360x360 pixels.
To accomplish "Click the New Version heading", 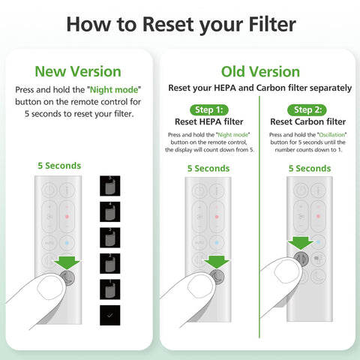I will pyautogui.click(x=78, y=71).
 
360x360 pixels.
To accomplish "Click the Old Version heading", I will pyautogui.click(x=259, y=71).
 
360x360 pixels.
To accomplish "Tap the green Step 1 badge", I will pyautogui.click(x=211, y=109).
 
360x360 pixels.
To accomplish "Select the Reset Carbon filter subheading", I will pyautogui.click(x=309, y=121).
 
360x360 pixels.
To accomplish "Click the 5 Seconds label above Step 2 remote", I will pyautogui.click(x=309, y=169).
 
